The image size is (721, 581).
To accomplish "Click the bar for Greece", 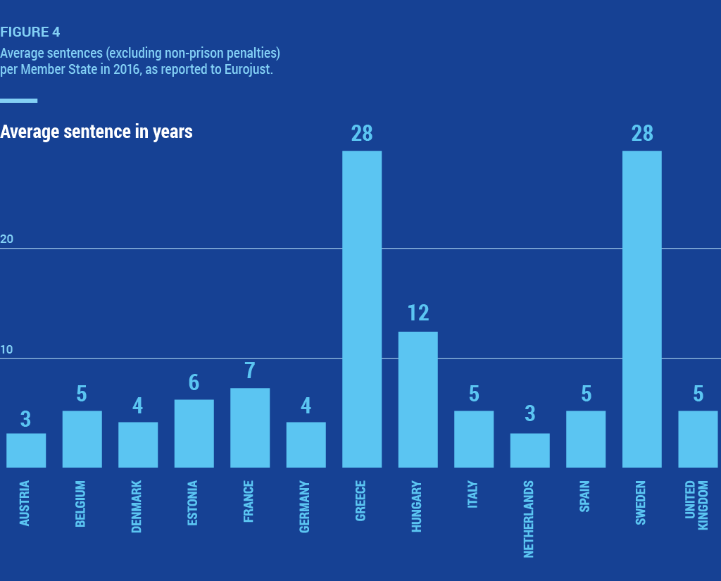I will point(362,309).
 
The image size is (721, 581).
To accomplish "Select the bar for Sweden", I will point(642,309).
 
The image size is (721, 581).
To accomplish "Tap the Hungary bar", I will point(418,399).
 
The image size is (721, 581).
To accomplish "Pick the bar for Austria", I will point(26,450).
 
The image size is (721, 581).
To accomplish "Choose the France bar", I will point(250,427).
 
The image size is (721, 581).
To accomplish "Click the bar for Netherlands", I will point(530,450).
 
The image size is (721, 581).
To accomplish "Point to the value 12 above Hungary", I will point(418,313).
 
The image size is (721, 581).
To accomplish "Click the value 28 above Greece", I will point(362,133).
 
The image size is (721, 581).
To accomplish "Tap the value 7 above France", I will point(250,370).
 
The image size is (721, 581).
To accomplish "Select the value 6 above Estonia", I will point(194,382).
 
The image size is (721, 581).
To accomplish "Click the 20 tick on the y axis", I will point(7,239).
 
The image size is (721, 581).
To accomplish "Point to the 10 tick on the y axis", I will point(7,351).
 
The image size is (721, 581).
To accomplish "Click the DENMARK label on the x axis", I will point(137,507).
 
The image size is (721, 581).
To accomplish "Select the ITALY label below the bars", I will point(473,495).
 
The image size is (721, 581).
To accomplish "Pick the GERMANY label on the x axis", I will point(306,507).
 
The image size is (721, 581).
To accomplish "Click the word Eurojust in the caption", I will point(246,70).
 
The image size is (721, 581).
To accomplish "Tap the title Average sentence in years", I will point(96,132).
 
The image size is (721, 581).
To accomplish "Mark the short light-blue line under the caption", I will point(18,101).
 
